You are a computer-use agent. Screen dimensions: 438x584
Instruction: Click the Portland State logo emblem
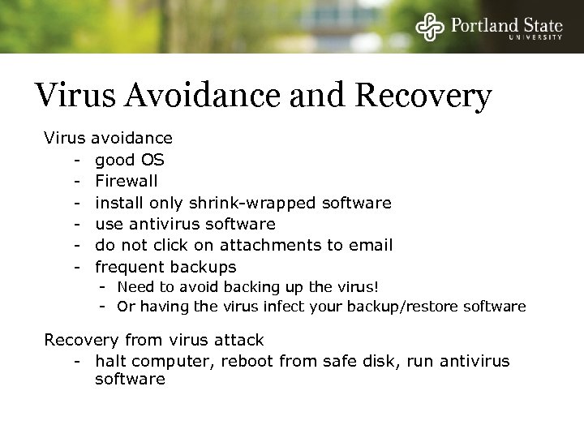(431, 27)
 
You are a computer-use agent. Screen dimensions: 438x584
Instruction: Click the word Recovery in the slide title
(423, 97)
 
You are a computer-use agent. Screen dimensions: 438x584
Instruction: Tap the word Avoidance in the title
(195, 97)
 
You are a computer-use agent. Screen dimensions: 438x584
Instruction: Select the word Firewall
(126, 181)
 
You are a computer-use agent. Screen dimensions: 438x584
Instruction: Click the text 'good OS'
(130, 160)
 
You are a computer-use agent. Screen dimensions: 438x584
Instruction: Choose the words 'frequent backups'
(165, 267)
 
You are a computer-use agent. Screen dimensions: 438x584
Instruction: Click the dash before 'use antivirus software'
(78, 224)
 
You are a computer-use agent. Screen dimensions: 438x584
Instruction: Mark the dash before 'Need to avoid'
(103, 286)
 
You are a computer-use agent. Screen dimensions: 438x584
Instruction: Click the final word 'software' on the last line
(130, 380)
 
